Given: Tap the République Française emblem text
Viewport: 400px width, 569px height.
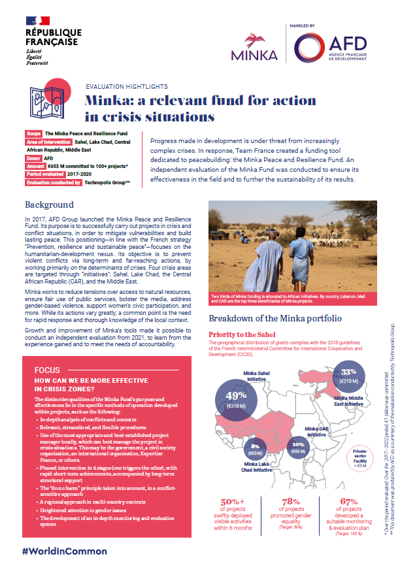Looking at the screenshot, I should click(x=53, y=37).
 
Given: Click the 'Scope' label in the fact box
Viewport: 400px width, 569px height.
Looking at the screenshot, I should click(x=34, y=133).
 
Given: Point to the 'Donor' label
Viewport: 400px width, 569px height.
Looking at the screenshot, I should click(x=34, y=158).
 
